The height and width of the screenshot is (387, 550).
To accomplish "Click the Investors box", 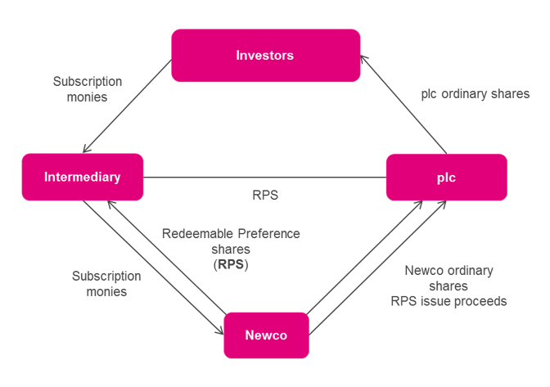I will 265,56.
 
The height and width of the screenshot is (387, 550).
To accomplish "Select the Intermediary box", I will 82,177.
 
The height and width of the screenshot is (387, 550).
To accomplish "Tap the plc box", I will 446,177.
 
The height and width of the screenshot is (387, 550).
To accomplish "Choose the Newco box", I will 266,335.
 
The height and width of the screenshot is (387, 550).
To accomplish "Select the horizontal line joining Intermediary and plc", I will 264,177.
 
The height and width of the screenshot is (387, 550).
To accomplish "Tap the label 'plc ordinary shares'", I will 464,94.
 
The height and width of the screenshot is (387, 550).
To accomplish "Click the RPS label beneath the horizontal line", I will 264,196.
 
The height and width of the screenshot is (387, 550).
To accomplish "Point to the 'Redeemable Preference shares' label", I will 232,241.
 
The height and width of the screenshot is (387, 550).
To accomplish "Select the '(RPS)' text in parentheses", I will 232,265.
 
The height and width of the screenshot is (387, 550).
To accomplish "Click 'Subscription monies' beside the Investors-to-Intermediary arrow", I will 87,88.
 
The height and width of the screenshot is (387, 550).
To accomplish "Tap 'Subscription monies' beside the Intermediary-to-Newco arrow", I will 106,283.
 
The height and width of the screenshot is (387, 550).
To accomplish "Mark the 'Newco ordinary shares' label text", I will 449,278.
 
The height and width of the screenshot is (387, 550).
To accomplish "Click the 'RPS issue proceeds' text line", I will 449,301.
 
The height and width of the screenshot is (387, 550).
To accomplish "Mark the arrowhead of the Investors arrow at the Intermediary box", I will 85,150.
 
